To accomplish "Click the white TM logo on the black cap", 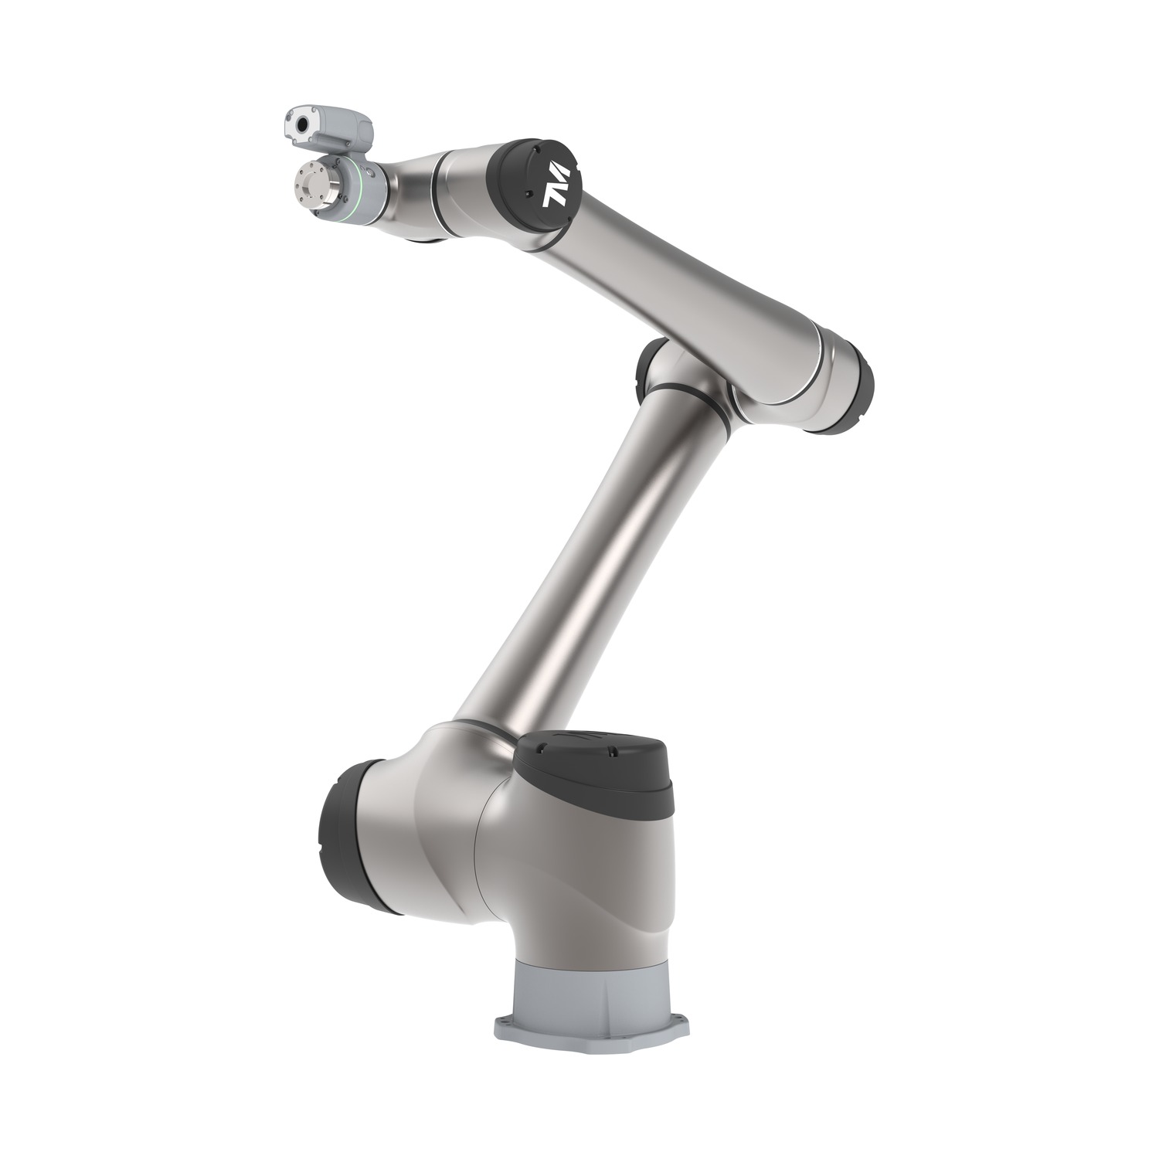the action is tap(556, 185).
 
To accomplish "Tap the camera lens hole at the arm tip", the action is tap(302, 124).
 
